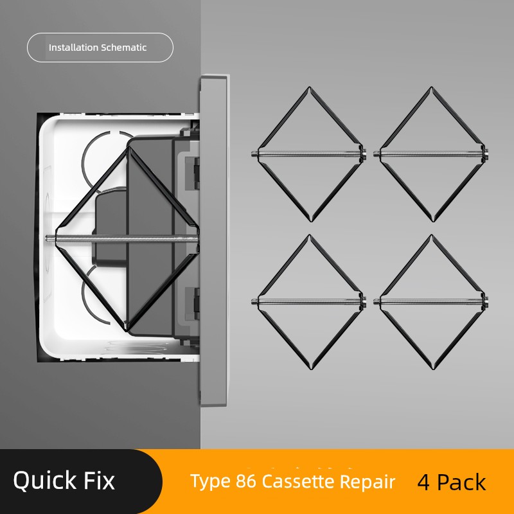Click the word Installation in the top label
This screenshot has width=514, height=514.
[x=73, y=47]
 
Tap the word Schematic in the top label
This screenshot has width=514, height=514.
[x=123, y=47]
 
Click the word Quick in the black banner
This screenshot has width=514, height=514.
[x=45, y=481]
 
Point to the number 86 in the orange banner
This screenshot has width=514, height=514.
[x=246, y=481]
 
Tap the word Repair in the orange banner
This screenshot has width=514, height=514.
[x=368, y=482]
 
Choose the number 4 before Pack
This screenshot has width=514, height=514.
[x=423, y=483]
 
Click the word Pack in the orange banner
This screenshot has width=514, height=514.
[x=461, y=483]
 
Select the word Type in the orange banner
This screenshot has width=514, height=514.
[x=211, y=482]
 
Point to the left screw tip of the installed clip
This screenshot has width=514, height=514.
[x=46, y=238]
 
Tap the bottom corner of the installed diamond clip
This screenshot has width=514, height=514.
[x=127, y=330]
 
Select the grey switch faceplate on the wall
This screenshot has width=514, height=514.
[x=214, y=241]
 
